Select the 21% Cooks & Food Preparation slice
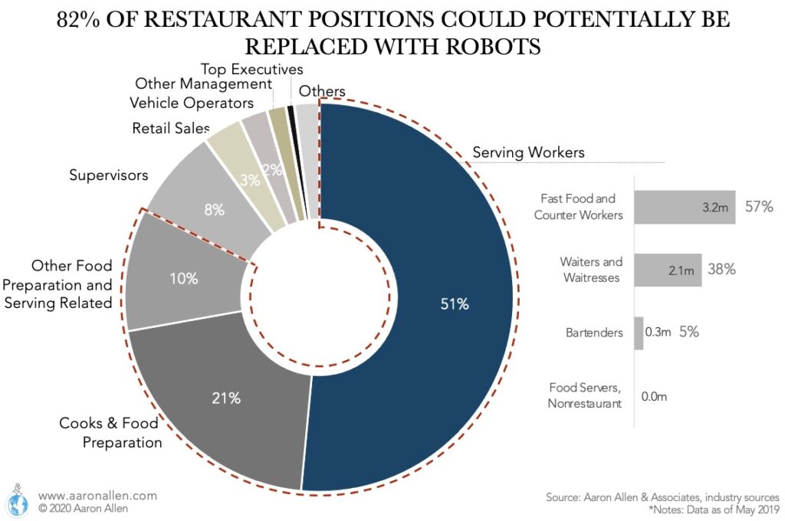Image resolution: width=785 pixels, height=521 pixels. coord(227,398)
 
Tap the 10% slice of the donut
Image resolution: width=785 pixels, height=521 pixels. coord(184,279)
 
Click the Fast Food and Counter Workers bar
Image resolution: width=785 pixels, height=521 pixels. coord(685,207)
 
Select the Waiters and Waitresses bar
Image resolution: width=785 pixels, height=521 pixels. coord(668,270)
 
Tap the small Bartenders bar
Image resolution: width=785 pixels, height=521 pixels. coord(639,333)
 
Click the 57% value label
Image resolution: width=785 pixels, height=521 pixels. coord(758,207)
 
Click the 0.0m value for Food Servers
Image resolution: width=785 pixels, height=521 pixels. coord(654,396)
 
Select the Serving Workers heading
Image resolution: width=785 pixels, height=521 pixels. coord(528,152)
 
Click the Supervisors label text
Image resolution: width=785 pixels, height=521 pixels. coord(108,175)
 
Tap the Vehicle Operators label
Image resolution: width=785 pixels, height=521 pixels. coord(191,103)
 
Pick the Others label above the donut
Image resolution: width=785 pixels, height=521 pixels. coord(322,91)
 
